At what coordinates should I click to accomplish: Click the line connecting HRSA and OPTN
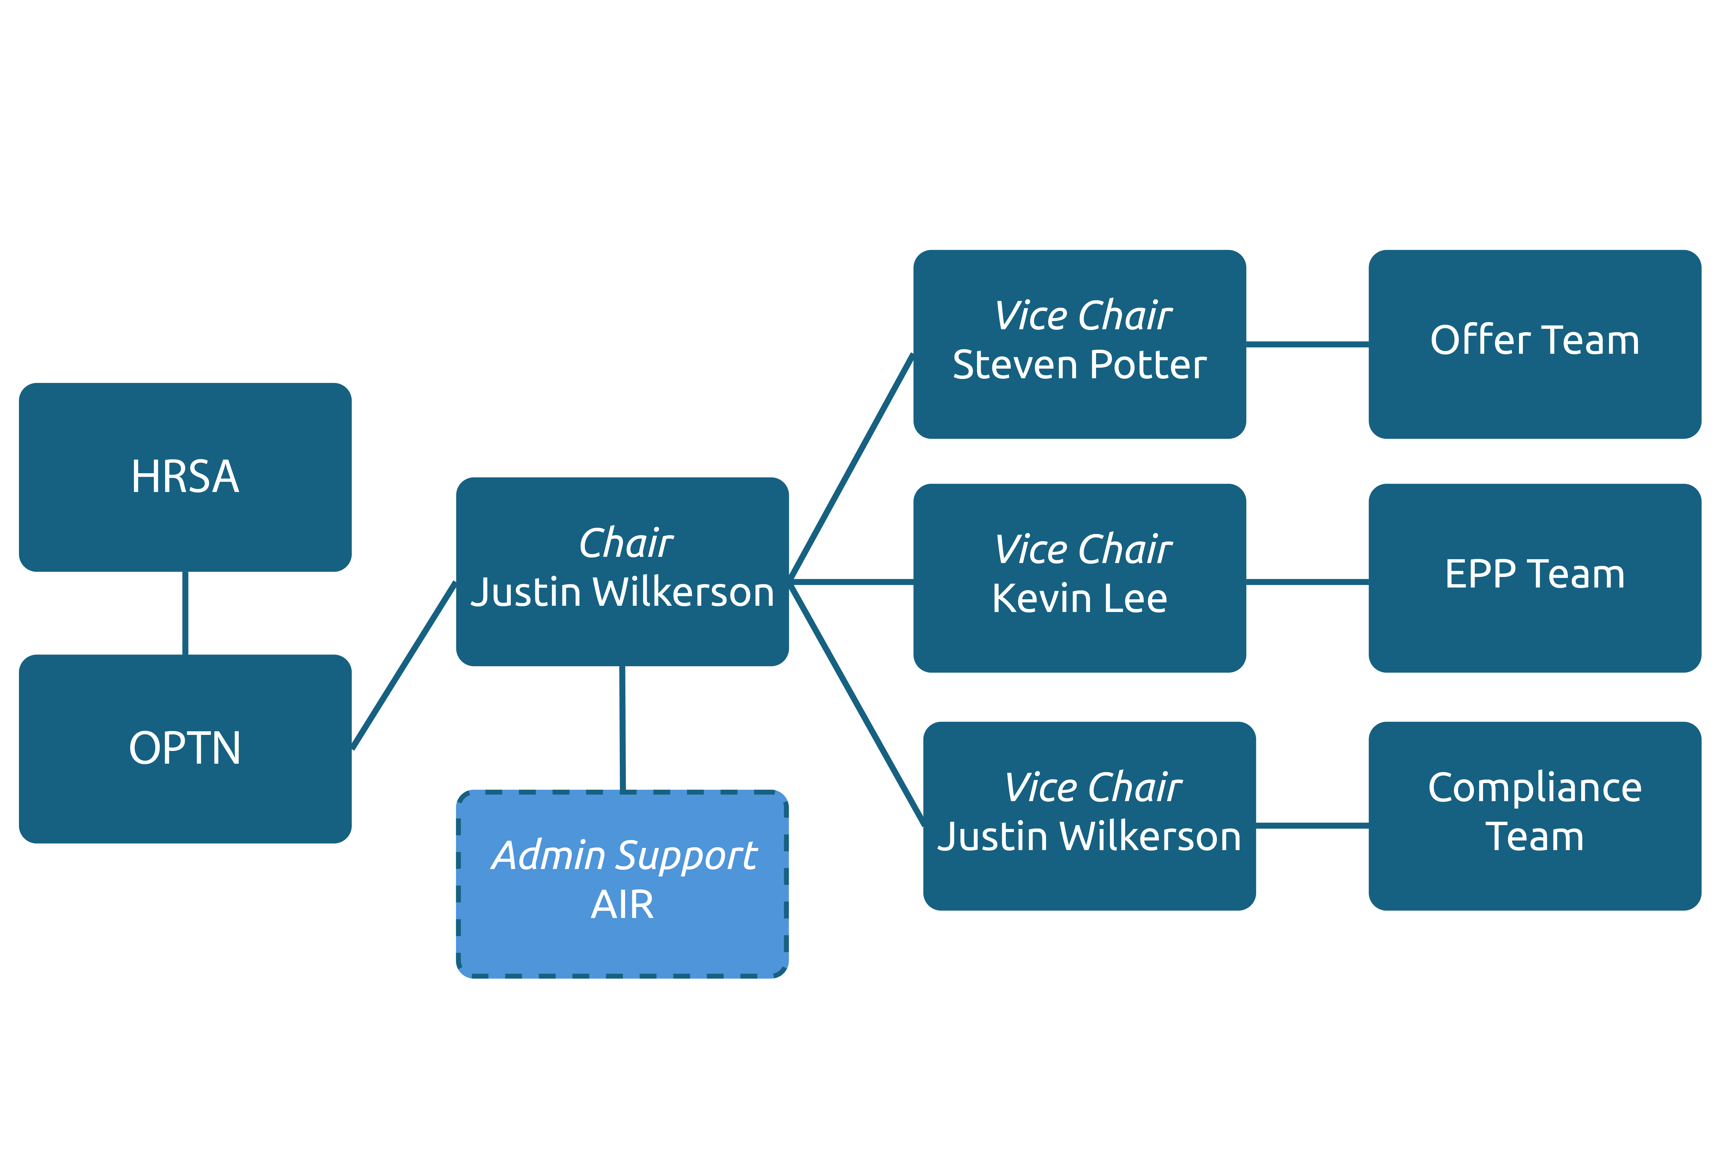185,613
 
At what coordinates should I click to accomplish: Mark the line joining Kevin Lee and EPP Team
1307,582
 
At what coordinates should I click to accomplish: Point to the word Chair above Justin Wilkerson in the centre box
626,544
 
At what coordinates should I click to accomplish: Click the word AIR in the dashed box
622,905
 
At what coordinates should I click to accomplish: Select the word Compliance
1534,787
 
